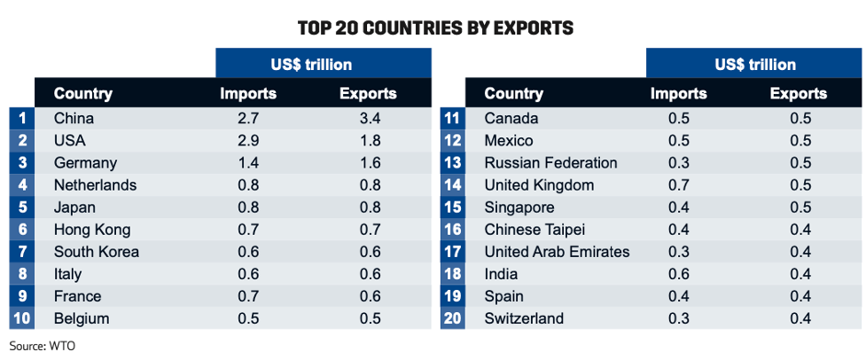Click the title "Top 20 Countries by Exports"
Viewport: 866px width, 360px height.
click(435, 27)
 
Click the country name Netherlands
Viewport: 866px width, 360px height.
click(95, 185)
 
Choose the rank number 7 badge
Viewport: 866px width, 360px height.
click(22, 251)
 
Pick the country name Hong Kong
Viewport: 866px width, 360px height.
click(92, 230)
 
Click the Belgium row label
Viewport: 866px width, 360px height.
click(82, 318)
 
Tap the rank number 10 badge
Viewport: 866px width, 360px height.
click(22, 318)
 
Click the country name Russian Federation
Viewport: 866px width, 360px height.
click(550, 163)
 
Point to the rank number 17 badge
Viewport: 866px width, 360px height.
click(452, 251)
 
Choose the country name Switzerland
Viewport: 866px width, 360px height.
click(524, 318)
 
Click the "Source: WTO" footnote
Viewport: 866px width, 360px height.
click(43, 344)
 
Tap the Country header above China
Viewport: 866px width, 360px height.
click(83, 93)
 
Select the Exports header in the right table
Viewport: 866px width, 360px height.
click(798, 93)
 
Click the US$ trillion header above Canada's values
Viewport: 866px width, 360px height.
click(754, 65)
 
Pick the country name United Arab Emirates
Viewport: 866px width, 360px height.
click(557, 251)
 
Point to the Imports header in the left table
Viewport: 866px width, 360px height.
click(248, 93)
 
